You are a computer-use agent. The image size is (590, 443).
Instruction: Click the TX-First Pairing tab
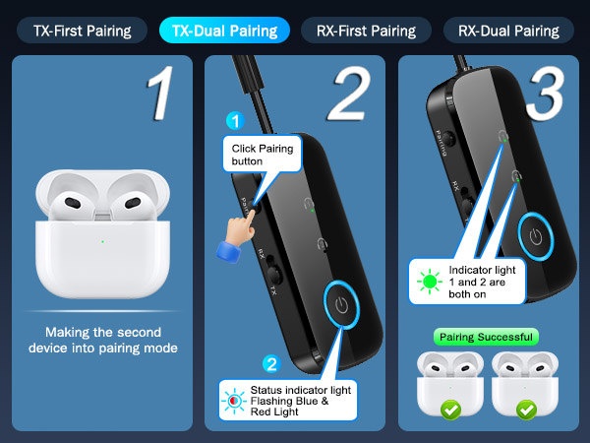coord(82,31)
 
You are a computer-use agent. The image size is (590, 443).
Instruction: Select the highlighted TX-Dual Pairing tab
coord(224,31)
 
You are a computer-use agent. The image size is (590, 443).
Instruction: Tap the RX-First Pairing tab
coord(366,31)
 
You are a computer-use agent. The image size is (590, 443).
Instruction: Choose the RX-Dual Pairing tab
coord(508,31)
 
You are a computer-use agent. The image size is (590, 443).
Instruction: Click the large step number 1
coord(160,94)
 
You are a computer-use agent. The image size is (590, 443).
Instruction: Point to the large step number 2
coord(349,94)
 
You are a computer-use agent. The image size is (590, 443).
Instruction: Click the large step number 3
coord(546,94)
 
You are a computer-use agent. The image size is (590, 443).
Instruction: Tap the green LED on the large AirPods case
coord(102,241)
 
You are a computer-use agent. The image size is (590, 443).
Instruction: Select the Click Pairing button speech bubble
coord(263,155)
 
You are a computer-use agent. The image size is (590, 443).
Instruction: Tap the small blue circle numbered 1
coord(236,121)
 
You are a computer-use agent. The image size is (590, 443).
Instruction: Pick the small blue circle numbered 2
coord(271,364)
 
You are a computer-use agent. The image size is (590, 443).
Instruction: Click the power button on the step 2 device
coord(341,304)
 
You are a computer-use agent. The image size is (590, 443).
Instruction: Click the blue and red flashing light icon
coord(234,400)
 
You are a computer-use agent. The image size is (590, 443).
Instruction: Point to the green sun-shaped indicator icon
coord(430,282)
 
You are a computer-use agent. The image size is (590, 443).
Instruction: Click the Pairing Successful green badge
coord(486,337)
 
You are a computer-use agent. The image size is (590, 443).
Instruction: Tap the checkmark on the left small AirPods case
coord(450,410)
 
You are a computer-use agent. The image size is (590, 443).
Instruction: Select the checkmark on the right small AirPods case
coord(526,410)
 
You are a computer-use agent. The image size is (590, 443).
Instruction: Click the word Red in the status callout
coord(260,411)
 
